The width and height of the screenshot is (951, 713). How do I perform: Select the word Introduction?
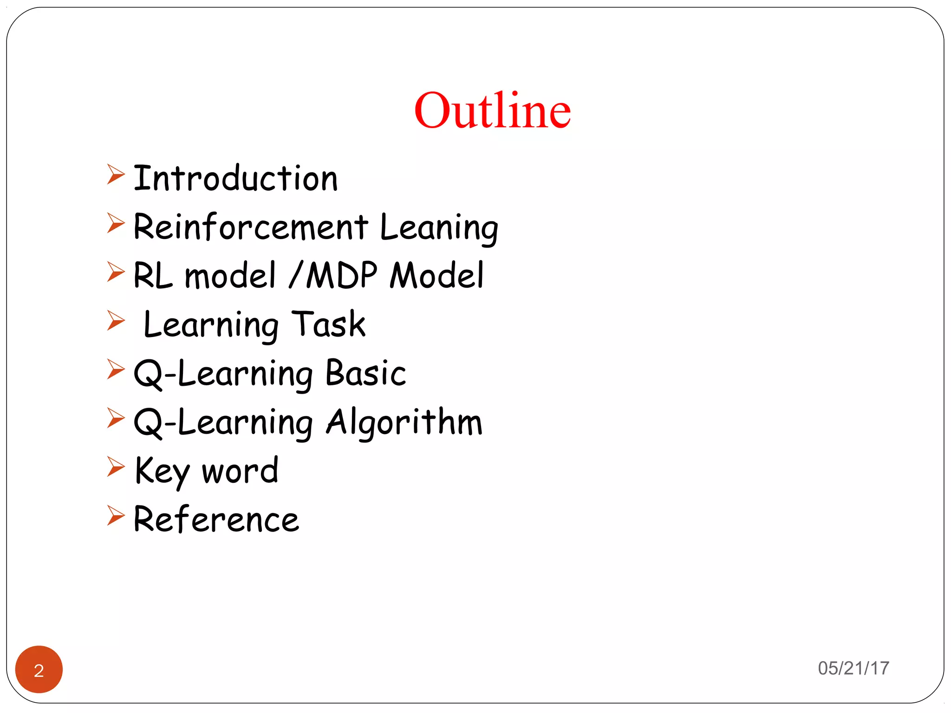click(x=235, y=178)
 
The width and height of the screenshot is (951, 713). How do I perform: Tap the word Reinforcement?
click(x=251, y=227)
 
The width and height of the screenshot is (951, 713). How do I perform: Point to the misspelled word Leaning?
click(x=439, y=228)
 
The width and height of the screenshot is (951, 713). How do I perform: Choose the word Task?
click(x=328, y=324)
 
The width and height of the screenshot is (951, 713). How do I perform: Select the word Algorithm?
click(x=404, y=422)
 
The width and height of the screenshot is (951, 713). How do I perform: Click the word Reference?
click(x=216, y=519)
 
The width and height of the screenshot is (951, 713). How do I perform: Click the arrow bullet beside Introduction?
click(x=116, y=175)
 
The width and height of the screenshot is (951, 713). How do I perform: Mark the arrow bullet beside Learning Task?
click(x=116, y=321)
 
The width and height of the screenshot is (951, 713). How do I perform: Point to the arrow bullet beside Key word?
click(x=116, y=467)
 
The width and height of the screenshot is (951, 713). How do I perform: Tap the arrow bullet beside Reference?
click(x=116, y=515)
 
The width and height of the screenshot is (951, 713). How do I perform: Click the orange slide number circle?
click(x=39, y=669)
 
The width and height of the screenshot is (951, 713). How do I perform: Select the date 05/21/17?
click(x=853, y=668)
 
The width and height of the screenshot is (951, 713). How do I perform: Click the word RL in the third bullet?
click(x=153, y=276)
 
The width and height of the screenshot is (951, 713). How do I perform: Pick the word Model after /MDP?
click(x=436, y=275)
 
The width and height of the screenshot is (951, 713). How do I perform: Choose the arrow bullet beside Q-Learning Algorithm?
click(x=116, y=418)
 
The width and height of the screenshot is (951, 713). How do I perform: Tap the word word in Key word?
click(x=240, y=471)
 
